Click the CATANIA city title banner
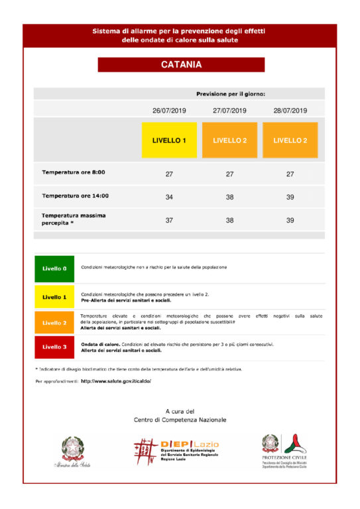coord(181,65)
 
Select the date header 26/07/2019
coord(169,111)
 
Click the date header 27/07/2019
coord(229,111)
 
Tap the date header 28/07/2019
coord(290,111)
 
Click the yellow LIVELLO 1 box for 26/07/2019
coord(169,141)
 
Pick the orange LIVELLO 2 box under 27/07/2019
coord(229,141)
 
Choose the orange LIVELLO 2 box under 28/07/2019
coord(290,141)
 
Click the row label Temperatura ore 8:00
coord(74,173)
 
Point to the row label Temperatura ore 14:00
coord(76,196)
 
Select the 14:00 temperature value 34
coord(169,197)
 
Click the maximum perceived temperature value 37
coord(169,220)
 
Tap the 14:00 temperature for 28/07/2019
coord(290,197)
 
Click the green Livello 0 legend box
coord(54,269)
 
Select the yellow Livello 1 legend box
coord(54,297)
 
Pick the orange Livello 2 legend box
coord(54,323)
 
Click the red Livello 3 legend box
coord(54,347)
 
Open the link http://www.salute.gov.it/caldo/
coord(116,382)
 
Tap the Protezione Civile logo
coord(284,451)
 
